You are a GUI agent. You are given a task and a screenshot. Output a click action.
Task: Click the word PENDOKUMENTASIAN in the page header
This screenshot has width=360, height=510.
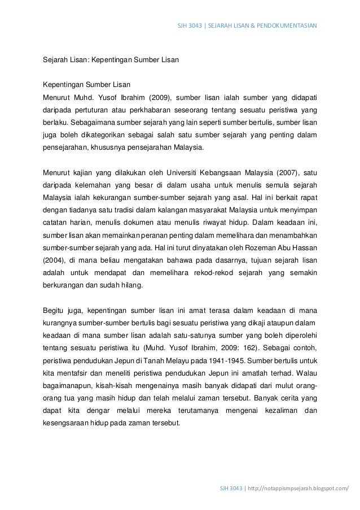pos(288,25)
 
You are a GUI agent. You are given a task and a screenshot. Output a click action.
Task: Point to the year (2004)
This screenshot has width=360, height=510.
pos(54,260)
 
